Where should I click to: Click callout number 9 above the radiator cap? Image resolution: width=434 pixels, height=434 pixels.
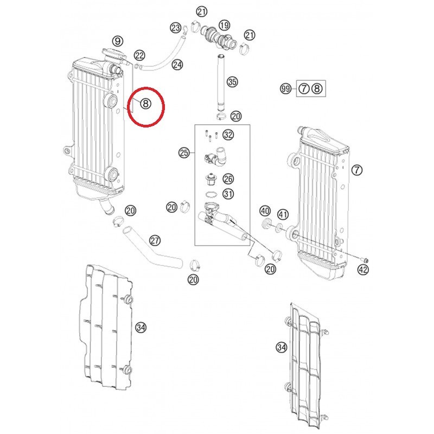(118, 41)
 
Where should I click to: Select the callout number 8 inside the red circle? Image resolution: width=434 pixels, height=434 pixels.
(145, 104)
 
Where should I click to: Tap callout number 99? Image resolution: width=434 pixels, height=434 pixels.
(286, 88)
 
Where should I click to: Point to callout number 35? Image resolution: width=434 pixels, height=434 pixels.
(232, 82)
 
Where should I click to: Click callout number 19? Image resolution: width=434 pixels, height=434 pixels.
(224, 25)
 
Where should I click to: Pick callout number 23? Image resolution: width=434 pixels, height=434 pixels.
(175, 28)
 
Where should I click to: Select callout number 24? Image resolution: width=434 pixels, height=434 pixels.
(177, 65)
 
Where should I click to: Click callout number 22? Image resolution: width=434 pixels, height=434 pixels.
(139, 56)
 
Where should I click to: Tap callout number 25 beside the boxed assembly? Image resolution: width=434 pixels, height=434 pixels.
(184, 152)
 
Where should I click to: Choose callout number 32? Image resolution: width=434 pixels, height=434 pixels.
(228, 135)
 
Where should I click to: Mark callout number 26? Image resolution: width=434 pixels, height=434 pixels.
(228, 179)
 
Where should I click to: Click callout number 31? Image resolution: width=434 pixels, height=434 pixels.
(228, 194)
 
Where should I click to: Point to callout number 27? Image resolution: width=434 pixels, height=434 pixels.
(155, 240)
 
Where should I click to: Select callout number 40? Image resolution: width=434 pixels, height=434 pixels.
(265, 211)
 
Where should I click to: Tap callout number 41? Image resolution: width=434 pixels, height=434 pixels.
(283, 214)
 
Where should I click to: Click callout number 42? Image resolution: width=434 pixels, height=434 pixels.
(363, 269)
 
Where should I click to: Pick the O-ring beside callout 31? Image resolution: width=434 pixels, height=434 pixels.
(212, 194)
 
